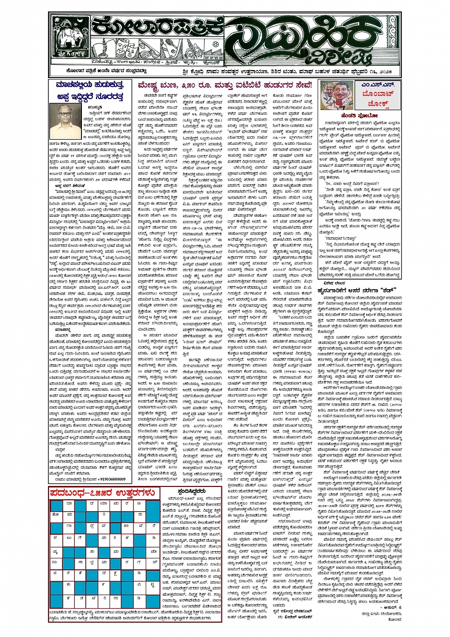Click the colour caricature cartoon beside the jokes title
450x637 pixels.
point(338,95)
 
